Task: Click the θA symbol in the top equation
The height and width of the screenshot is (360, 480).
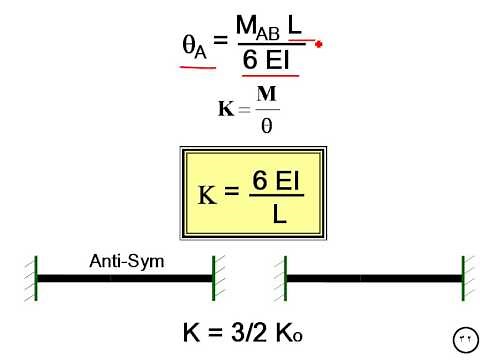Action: click(x=195, y=47)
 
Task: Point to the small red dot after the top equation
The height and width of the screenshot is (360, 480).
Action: click(x=318, y=44)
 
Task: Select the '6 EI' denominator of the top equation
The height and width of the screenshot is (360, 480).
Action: click(x=269, y=61)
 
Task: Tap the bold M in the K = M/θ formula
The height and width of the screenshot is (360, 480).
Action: click(x=266, y=95)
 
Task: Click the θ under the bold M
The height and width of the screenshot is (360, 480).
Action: click(x=266, y=126)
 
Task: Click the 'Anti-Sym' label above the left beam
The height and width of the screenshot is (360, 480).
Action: click(x=126, y=262)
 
